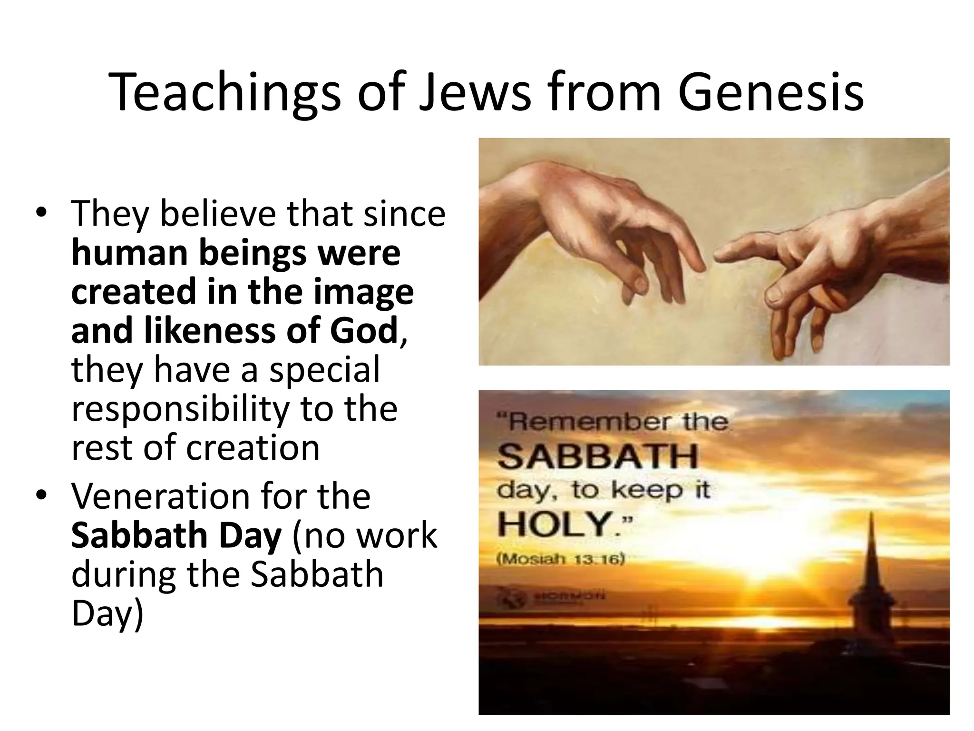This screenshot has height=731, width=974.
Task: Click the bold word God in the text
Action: point(364,330)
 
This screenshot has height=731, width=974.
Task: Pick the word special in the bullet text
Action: point(325,369)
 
